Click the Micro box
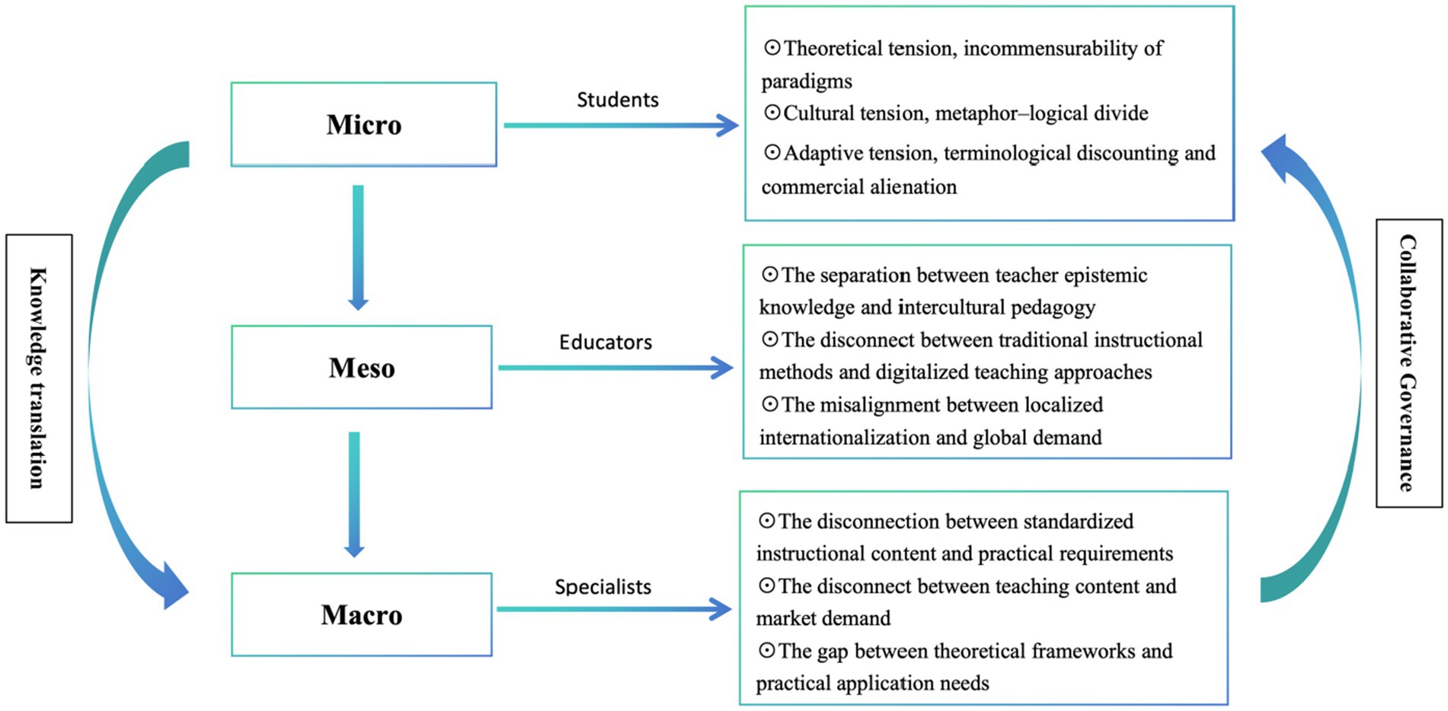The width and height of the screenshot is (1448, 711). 363,124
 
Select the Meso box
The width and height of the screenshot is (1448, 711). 362,368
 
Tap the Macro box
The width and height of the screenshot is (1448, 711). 362,614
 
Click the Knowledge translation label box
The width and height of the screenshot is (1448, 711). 39,378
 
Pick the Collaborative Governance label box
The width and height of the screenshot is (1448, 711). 1408,363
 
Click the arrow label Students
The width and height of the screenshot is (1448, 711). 617,100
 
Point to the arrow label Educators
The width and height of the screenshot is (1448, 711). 606,343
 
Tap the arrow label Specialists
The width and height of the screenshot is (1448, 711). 603,587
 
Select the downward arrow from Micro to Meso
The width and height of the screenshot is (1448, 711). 358,247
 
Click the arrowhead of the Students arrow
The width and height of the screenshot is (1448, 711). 727,126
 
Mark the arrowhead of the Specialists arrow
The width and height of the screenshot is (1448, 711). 721,609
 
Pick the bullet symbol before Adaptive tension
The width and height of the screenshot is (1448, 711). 772,153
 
